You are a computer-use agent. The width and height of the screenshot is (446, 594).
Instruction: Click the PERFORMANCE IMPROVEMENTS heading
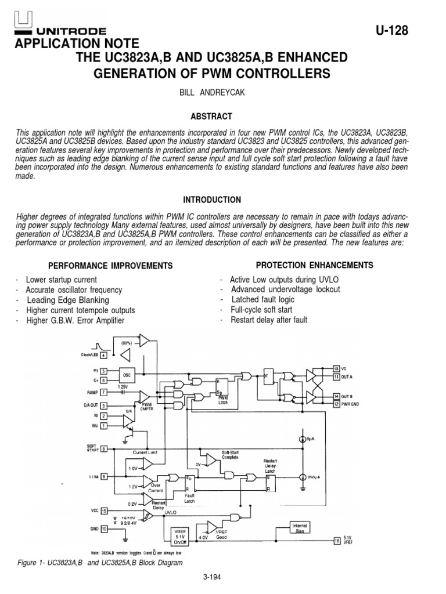coord(110,266)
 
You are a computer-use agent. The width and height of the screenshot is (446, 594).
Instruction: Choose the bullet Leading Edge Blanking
coord(67,300)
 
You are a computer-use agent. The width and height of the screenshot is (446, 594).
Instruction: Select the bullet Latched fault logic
coord(263,299)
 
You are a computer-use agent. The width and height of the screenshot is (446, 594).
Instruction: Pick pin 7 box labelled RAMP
coord(103,393)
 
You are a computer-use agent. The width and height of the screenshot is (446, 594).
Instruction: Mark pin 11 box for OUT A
coord(336,376)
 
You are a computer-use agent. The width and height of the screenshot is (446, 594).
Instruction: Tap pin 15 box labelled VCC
coord(103,510)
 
